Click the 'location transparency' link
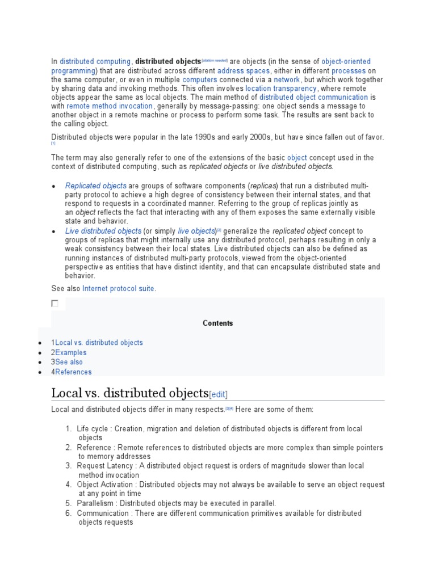click(x=281, y=89)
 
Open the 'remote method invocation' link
click(x=110, y=106)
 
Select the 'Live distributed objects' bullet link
click(x=103, y=231)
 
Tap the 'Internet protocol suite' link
click(x=118, y=289)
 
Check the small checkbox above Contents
click(x=55, y=304)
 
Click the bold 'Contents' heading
click(x=217, y=323)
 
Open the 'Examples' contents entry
click(x=71, y=352)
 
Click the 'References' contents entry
click(x=73, y=372)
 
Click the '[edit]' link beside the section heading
click(x=219, y=394)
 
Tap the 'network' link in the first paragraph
click(x=286, y=79)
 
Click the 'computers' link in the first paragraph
click(x=200, y=79)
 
